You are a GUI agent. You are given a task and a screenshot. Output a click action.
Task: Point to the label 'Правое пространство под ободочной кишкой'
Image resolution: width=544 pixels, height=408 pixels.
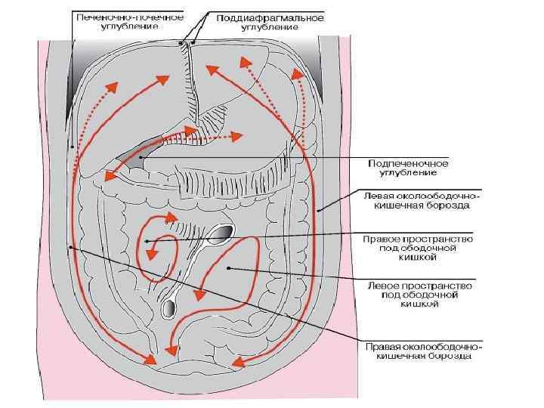[x=417, y=247]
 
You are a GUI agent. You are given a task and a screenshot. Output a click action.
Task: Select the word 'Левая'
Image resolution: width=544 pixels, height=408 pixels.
[x=380, y=195]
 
